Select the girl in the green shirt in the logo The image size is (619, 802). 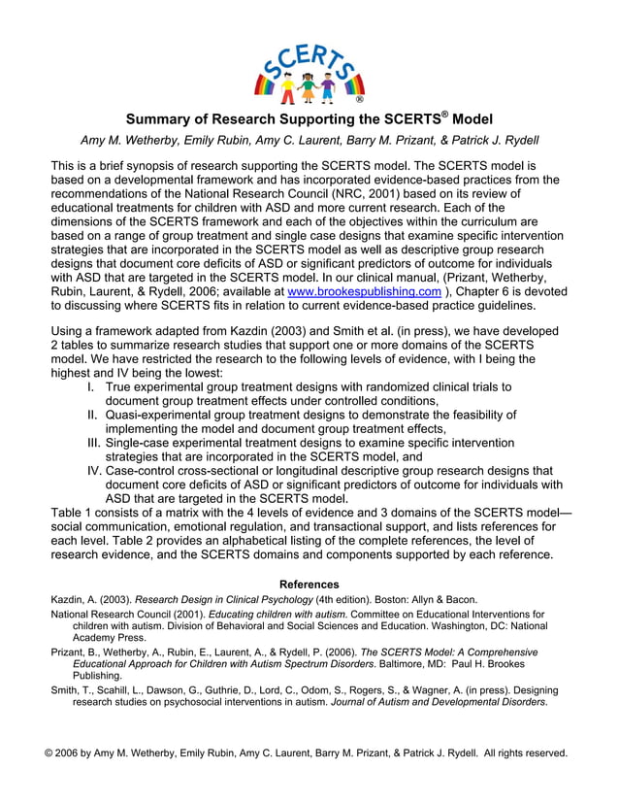pos(309,87)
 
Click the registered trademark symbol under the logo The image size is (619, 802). pos(360,99)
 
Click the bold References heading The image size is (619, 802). pos(309,585)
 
